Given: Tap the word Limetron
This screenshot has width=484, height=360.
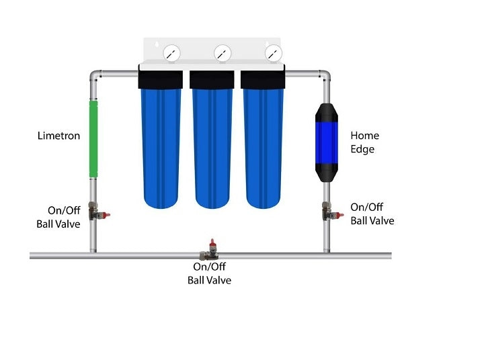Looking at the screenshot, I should (58, 136).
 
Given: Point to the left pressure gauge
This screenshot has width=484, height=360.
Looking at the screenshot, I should (172, 52).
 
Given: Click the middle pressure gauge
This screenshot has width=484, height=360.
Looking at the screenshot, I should (223, 52).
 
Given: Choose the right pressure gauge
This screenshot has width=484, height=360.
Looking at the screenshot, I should (273, 52).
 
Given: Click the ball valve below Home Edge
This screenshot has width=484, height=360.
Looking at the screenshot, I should (329, 214).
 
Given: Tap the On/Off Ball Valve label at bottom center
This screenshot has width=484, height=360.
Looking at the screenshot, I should (209, 273).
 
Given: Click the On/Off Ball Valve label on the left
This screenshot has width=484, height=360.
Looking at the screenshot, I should (58, 217).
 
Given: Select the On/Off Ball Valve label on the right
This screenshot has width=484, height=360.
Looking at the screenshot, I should (372, 214).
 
